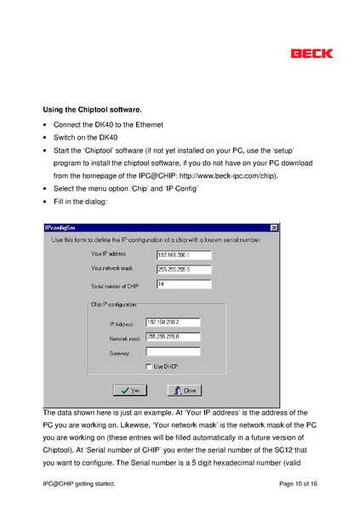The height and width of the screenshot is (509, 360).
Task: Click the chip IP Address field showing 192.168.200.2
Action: [173, 322]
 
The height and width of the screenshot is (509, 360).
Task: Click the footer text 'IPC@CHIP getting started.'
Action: [78, 483]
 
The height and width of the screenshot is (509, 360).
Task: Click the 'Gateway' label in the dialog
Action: [119, 352]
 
